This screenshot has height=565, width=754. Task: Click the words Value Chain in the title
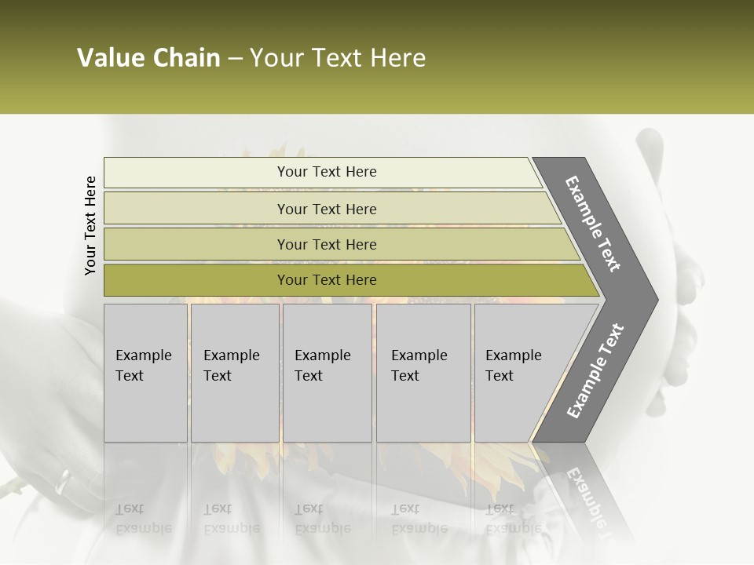(148, 58)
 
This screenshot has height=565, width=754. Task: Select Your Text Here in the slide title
(338, 58)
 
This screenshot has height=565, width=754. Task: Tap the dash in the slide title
(235, 59)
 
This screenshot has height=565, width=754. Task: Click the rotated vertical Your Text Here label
(90, 225)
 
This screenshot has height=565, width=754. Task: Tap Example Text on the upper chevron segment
(593, 224)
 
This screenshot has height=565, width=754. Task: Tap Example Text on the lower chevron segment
(595, 371)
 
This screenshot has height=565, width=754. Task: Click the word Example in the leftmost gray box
(143, 355)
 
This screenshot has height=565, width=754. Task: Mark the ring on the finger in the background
(62, 481)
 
